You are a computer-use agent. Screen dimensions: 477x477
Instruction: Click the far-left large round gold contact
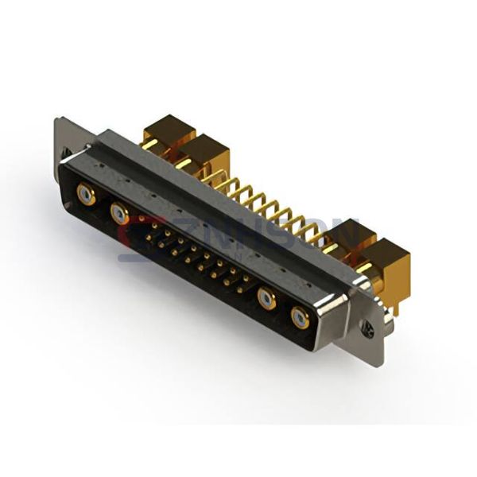[x=86, y=194]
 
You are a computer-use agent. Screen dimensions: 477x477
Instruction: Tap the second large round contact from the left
[x=119, y=212]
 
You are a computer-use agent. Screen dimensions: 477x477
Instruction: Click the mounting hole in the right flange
[x=367, y=327]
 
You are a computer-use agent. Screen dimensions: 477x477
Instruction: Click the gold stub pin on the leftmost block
[x=147, y=144]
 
